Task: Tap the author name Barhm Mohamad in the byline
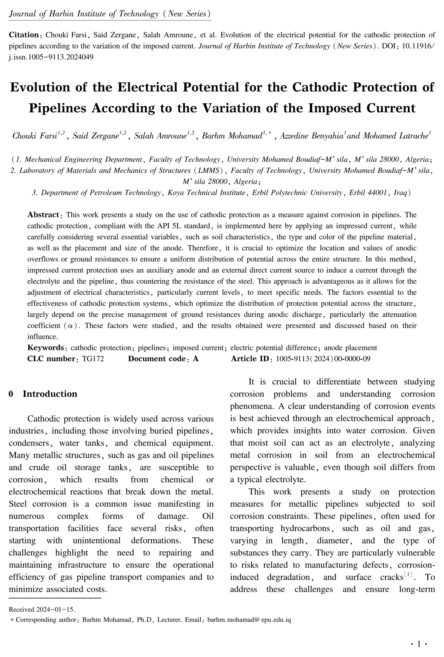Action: [x=233, y=136]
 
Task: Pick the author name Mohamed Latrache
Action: [x=396, y=136]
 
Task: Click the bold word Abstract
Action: [x=43, y=215]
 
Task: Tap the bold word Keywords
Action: [x=46, y=347]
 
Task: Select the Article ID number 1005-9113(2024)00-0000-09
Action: [x=323, y=359]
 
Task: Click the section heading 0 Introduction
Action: [x=43, y=394]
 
